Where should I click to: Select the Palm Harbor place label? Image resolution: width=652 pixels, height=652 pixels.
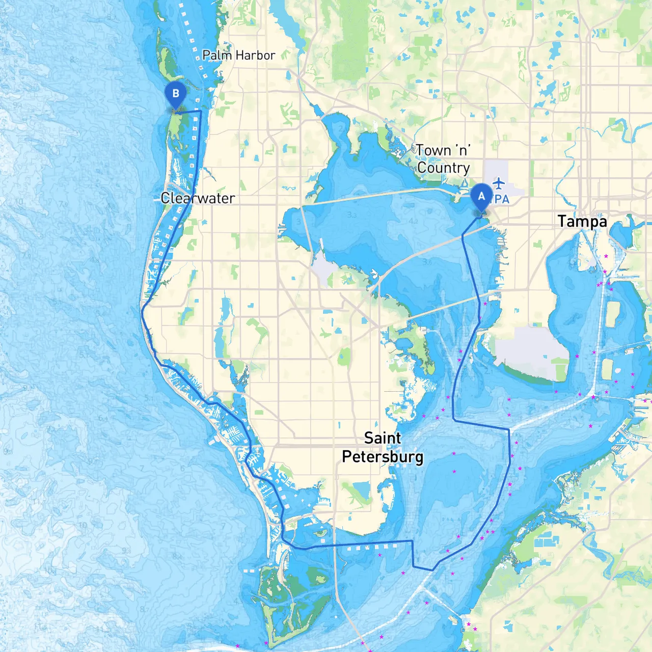(238, 55)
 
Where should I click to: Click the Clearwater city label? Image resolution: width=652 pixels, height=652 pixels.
(198, 198)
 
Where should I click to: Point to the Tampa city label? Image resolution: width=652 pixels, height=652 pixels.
(582, 222)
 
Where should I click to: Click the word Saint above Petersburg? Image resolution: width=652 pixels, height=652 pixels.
(383, 438)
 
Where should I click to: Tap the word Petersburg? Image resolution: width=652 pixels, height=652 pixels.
(383, 456)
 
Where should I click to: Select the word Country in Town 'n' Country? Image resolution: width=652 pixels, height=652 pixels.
(444, 168)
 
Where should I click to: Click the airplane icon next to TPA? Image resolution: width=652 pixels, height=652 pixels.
(499, 182)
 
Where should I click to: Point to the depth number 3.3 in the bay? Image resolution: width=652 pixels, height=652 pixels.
(351, 214)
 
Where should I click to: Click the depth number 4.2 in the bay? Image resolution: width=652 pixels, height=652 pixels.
(413, 222)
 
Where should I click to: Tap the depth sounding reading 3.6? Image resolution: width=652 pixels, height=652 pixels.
(427, 262)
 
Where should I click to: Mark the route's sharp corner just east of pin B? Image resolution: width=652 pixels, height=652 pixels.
(201, 111)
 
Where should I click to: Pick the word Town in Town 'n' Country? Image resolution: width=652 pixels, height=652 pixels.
(433, 150)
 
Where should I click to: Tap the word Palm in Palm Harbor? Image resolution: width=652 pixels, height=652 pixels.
(214, 55)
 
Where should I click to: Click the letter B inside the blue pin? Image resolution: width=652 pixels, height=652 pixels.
(176, 93)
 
